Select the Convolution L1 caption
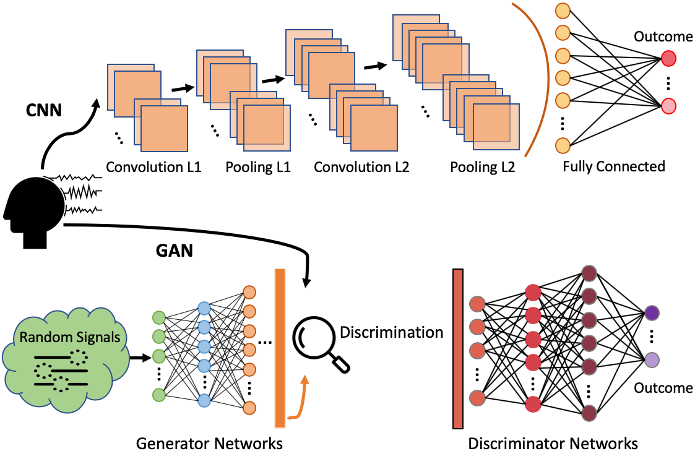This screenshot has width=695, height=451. [x=153, y=166]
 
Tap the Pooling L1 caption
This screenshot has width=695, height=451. [x=257, y=166]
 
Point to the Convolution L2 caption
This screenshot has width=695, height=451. [x=361, y=166]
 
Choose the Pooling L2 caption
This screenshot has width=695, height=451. [x=482, y=166]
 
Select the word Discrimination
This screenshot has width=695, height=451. [x=391, y=332]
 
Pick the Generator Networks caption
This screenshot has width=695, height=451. [x=209, y=443]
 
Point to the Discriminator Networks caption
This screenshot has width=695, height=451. [x=553, y=443]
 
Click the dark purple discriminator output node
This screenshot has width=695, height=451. [x=652, y=313]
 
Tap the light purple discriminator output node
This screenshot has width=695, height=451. [x=652, y=359]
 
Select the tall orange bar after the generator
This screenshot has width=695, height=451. [x=280, y=348]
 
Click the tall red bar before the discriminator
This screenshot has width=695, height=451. [x=458, y=348]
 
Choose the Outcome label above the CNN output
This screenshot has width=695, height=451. [x=663, y=37]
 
